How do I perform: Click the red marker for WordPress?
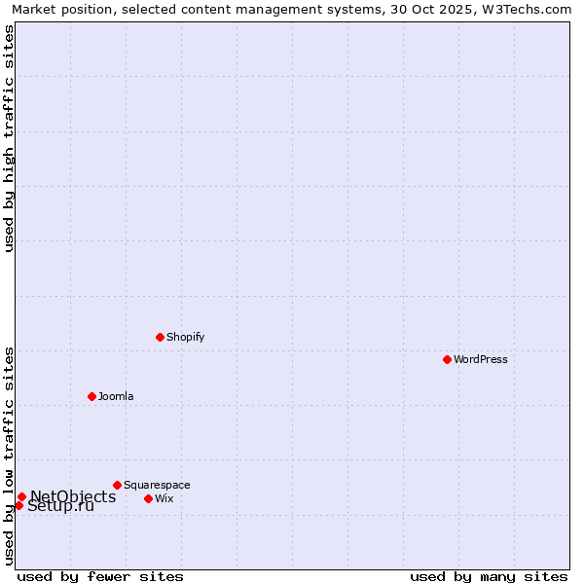(447, 359)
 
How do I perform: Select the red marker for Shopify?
(160, 337)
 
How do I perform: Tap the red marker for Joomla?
(91, 396)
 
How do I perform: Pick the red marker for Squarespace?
(117, 485)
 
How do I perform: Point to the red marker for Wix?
(148, 498)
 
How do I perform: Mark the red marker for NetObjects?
(21, 497)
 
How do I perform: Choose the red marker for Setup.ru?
(18, 505)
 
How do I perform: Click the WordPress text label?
(481, 359)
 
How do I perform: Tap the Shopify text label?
(186, 337)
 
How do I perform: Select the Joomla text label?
(117, 396)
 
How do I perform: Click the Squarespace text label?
(158, 485)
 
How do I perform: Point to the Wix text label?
(164, 498)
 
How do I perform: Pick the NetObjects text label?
(73, 496)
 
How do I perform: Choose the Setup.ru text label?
(61, 506)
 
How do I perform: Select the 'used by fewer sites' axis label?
(100, 576)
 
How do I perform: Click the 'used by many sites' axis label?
(489, 576)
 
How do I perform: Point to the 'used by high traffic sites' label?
(9, 139)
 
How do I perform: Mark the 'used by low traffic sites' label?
(9, 456)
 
